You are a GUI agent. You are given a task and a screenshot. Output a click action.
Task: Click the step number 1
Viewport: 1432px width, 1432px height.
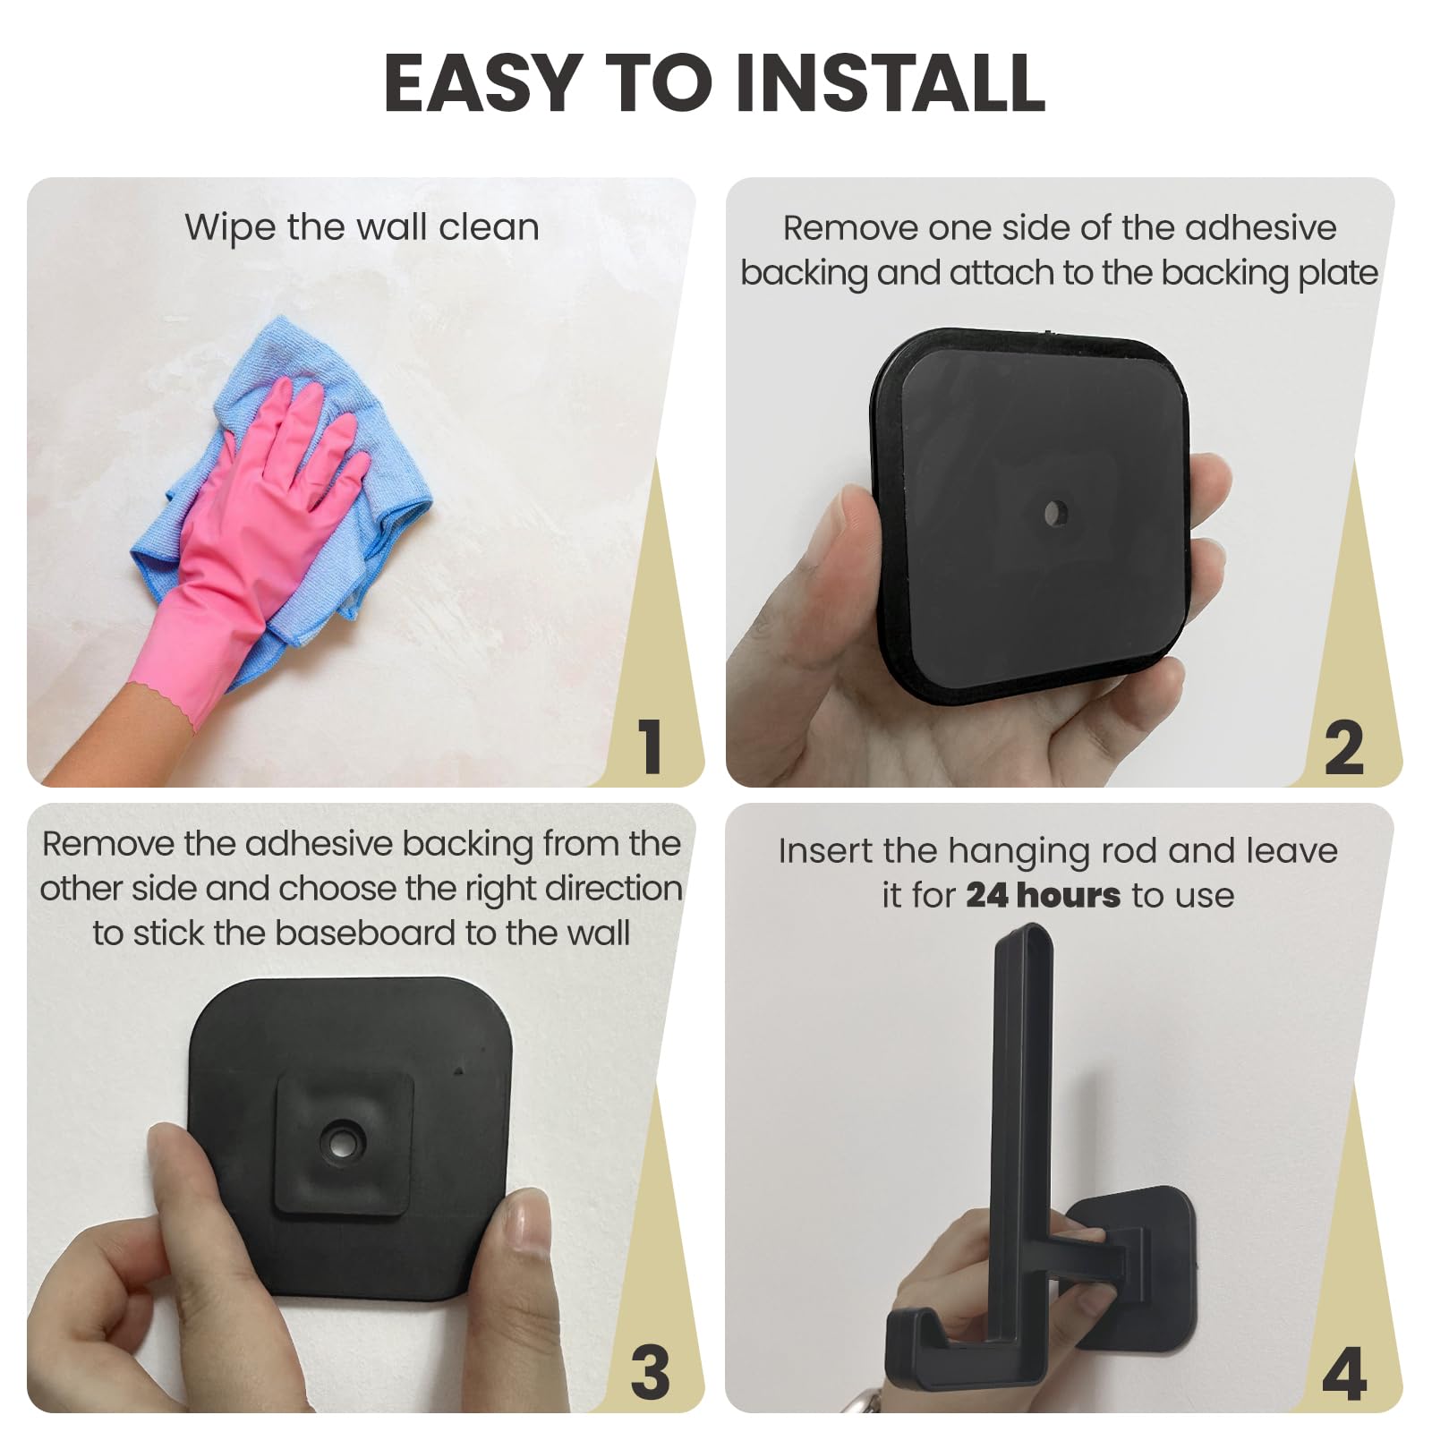[651, 746]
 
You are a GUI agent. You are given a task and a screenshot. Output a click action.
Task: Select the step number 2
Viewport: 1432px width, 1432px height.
[1343, 747]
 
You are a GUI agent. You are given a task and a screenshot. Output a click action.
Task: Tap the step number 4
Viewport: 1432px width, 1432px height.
[1344, 1374]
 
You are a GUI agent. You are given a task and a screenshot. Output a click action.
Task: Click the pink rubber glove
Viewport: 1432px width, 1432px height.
[242, 546]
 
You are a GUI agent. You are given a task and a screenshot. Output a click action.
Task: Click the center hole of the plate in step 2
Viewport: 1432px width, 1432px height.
[1054, 513]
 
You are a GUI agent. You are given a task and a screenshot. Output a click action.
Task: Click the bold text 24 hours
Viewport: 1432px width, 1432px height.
[1043, 895]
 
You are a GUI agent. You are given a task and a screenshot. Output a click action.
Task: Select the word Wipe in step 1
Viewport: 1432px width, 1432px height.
[230, 227]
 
